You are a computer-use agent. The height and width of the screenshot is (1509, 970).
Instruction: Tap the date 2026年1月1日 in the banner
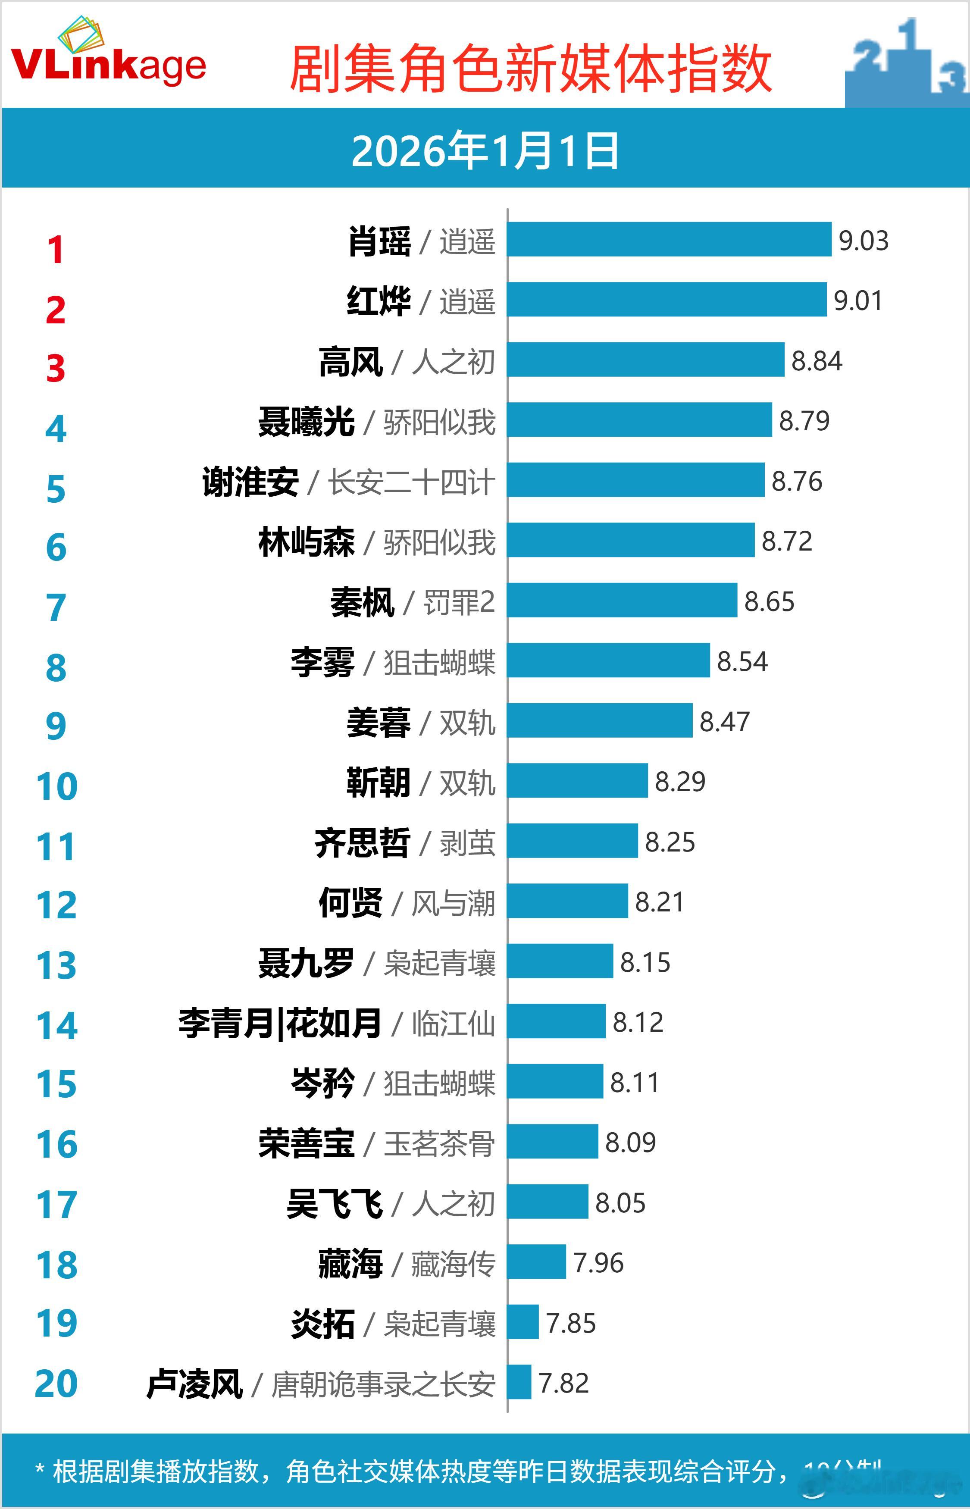(x=485, y=151)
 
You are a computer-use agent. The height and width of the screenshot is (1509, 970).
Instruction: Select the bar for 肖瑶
(x=669, y=239)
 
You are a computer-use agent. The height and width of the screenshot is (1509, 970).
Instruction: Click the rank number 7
(x=56, y=608)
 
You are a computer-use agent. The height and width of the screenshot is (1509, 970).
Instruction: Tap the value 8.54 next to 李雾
(x=742, y=661)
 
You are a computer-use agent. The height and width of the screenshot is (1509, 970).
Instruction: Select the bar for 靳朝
(x=577, y=780)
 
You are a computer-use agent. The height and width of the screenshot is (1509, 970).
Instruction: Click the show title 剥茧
(x=467, y=843)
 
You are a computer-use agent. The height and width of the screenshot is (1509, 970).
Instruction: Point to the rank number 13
(x=56, y=965)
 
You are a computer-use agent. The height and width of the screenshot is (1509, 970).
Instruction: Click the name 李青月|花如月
(x=280, y=1023)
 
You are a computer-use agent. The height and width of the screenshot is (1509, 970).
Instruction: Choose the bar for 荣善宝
(x=552, y=1141)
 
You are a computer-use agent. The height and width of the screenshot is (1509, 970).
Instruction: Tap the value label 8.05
(x=620, y=1203)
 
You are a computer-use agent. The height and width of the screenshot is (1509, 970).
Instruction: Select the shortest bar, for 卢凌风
(x=519, y=1382)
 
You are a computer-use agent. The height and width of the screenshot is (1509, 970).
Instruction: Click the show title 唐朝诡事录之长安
(x=382, y=1384)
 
